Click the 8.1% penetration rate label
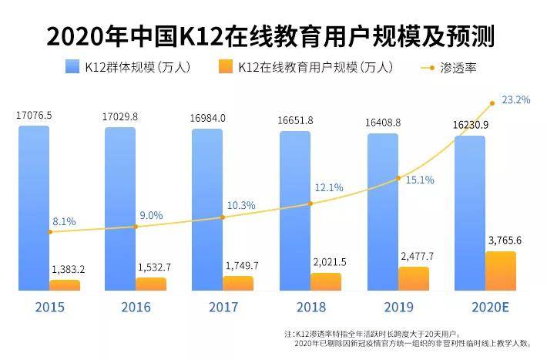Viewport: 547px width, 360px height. point(64,222)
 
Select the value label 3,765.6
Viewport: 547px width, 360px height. point(505,241)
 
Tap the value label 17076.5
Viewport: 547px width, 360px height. point(34,116)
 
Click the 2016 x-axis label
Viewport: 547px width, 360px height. point(136,306)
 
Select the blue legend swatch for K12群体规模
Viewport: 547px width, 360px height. point(73,67)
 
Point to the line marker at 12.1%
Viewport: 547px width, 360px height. point(310,204)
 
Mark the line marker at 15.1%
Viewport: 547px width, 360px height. point(398,178)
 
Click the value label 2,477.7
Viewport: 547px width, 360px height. point(418,256)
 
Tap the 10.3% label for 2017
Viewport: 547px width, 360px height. point(238,205)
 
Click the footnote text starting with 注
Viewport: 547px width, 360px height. point(408,338)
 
